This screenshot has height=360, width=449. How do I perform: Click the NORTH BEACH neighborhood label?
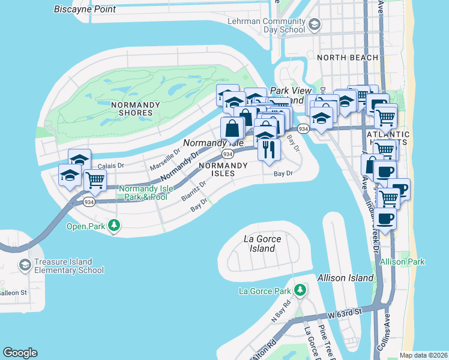348,58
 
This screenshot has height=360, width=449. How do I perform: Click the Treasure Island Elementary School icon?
25,265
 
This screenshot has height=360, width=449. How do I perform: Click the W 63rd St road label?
345,313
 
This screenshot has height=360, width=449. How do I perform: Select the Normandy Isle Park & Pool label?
146,193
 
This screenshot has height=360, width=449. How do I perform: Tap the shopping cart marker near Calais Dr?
95,179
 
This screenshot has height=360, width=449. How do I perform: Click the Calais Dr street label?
110,166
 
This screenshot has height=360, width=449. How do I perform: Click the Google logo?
20,353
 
